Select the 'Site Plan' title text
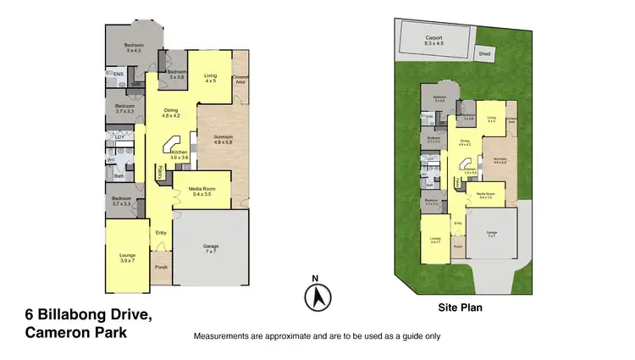[x=459, y=309]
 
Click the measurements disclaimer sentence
[x=317, y=336]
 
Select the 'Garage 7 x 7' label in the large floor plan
[x=211, y=249]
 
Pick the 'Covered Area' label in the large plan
[x=241, y=79]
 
